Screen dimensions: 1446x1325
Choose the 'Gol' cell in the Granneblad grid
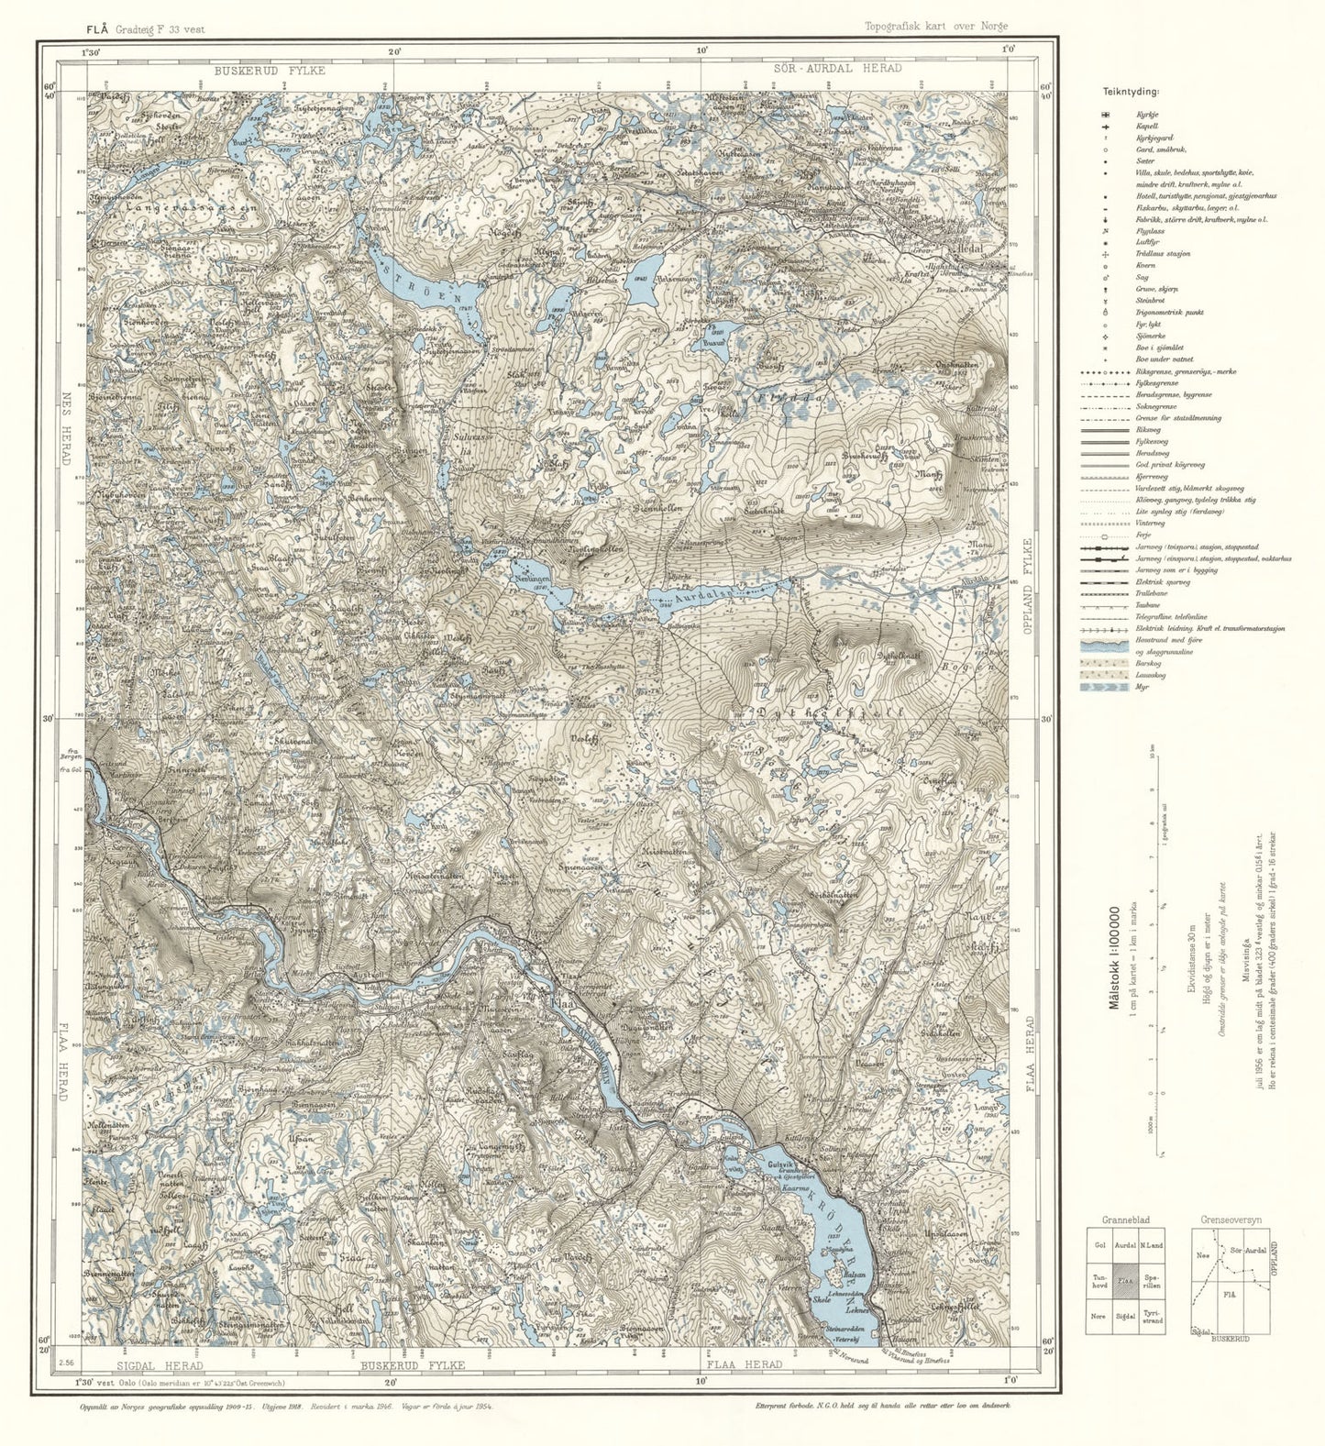pos(1099,1245)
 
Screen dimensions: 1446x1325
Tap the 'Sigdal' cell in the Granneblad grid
pos(1126,1316)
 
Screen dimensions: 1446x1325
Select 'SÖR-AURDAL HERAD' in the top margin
pos(837,69)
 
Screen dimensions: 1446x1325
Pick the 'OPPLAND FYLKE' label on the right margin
pos(1030,587)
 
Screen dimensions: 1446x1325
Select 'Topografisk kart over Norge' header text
pos(935,28)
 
